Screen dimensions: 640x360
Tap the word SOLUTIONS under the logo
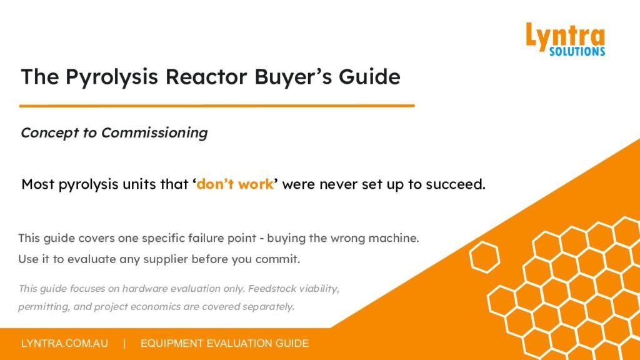(x=577, y=51)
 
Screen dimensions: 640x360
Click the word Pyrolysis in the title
(x=111, y=77)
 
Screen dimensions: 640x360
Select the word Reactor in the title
(x=206, y=77)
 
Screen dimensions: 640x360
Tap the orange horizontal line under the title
(x=217, y=106)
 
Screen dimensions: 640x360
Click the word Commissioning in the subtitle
(x=154, y=133)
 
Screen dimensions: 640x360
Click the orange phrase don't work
(x=235, y=184)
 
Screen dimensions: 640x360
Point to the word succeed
(x=456, y=184)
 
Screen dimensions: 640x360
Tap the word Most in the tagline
(x=38, y=184)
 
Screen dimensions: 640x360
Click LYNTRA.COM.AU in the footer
(x=65, y=343)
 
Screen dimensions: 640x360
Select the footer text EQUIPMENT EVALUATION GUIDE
(x=224, y=343)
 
